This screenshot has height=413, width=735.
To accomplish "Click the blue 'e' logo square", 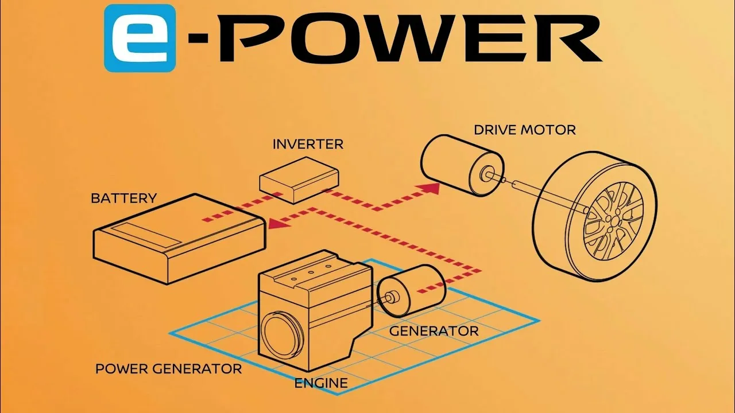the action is tap(140, 38).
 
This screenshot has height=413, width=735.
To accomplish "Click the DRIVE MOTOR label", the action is tap(525, 130).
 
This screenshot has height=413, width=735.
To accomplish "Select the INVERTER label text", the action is tap(308, 144).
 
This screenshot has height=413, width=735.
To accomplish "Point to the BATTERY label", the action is tap(123, 198).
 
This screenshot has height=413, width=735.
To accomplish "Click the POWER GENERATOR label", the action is tap(169, 369).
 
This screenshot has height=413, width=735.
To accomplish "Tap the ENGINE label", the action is tap(321, 383).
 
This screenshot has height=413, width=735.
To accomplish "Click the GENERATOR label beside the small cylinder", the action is tap(434, 332).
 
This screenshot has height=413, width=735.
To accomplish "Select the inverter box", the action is tap(299, 180).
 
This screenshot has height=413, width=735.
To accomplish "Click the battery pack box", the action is tap(180, 239).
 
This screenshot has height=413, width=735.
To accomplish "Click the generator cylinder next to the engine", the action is tap(411, 291).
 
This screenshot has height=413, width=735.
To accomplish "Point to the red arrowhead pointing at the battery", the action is tap(278, 224).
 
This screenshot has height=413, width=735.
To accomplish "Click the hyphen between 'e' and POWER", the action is tap(198, 38).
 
